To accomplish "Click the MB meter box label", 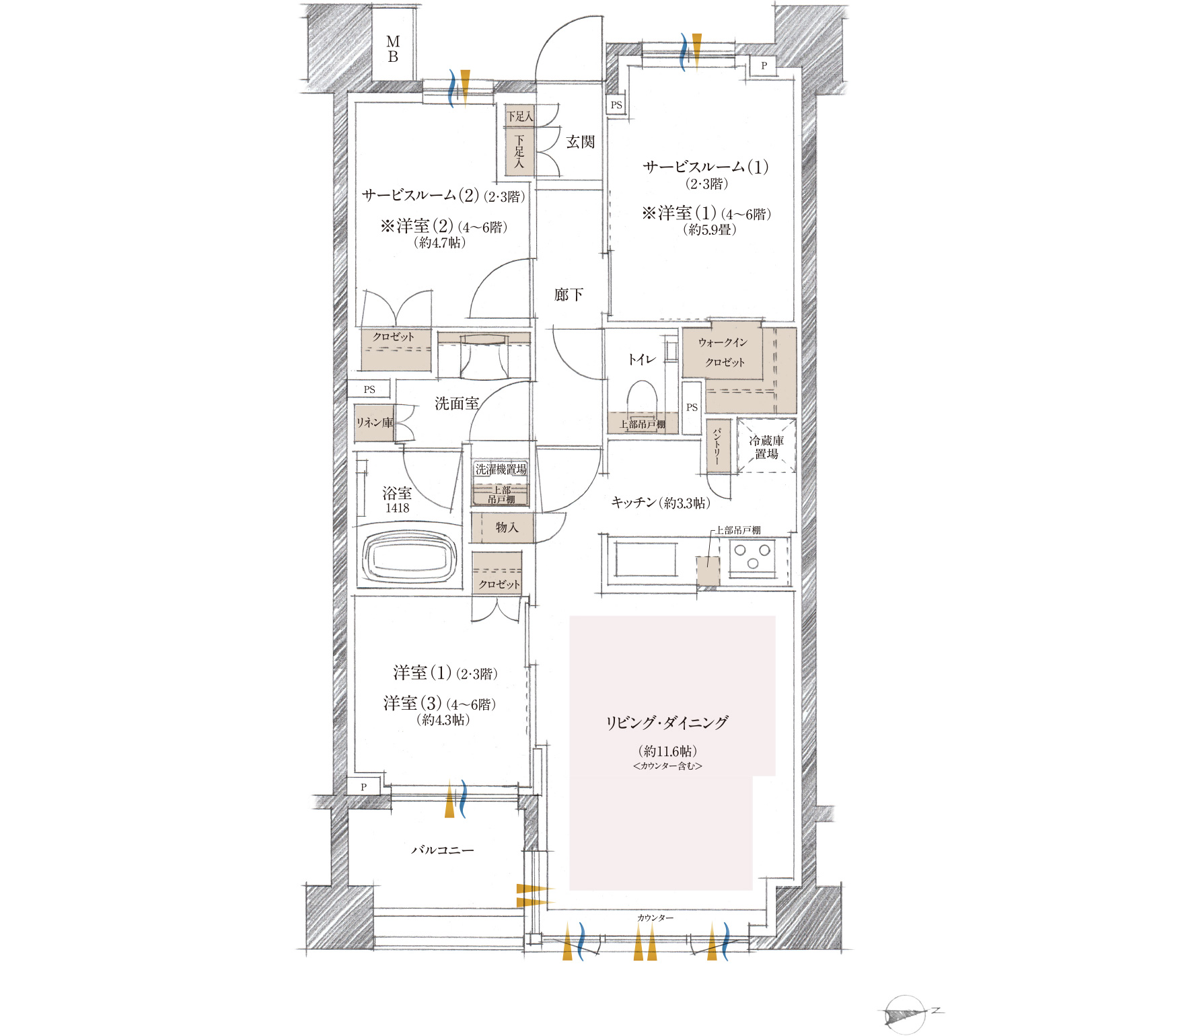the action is [393, 50].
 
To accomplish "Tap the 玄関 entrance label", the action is [580, 142].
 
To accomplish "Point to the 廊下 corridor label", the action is [569, 295].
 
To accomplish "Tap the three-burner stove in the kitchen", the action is [752, 557].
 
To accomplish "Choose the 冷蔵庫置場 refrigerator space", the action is [766, 446].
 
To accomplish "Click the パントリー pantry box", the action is [718, 446].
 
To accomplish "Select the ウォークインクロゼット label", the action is [723, 352].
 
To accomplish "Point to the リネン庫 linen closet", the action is [374, 422].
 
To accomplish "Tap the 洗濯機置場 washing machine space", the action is [501, 470].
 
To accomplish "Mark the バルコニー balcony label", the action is [442, 850].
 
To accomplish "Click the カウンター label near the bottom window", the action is [655, 918].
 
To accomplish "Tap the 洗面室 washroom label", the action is [457, 404].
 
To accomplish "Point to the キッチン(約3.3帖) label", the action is [661, 503].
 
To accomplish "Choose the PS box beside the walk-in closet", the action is [692, 408].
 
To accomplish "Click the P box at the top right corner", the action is [764, 66].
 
